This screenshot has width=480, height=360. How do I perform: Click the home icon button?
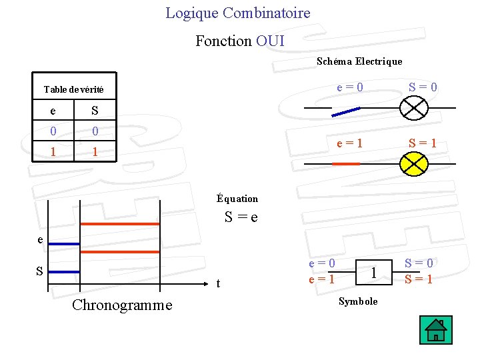(x=436, y=330)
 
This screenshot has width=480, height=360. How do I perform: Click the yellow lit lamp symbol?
(x=413, y=163)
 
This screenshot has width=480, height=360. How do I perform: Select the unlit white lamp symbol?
(x=413, y=107)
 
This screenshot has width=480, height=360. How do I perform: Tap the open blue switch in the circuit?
(x=346, y=111)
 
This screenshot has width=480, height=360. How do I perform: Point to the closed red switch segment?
(x=345, y=163)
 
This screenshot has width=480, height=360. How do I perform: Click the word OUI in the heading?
(x=270, y=41)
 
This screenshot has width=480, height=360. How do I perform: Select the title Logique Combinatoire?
(x=238, y=13)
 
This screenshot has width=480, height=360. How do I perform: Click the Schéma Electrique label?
(x=359, y=61)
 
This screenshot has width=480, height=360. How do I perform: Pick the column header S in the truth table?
(x=95, y=110)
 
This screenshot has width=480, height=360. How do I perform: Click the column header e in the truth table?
(x=53, y=110)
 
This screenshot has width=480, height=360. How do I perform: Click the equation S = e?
(x=241, y=217)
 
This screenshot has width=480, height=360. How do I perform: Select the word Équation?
(x=237, y=198)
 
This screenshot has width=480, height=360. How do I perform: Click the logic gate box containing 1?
(x=375, y=271)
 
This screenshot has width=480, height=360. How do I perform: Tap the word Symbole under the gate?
(x=358, y=301)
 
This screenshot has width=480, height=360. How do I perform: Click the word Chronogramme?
(x=121, y=305)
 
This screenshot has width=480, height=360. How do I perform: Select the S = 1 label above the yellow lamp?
(x=423, y=142)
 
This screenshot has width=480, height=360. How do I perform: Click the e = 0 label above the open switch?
(x=350, y=87)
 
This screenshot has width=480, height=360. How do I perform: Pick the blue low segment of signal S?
(x=64, y=272)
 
